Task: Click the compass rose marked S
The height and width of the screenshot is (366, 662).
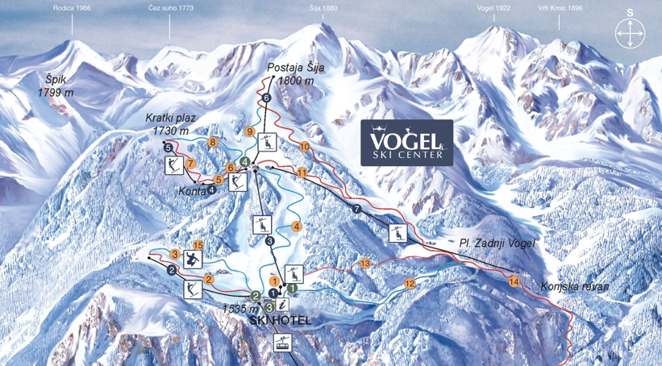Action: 630,33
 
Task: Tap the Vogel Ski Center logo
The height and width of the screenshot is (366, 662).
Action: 406,143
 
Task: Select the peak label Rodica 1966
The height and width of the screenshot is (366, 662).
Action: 72,8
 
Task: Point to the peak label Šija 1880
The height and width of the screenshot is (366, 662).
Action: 324,8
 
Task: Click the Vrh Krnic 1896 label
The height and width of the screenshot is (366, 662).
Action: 560,8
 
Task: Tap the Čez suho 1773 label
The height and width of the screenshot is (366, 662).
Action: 170,8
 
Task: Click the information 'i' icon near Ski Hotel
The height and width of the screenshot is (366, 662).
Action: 283,305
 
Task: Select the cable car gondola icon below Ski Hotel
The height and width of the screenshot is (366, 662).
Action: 281,342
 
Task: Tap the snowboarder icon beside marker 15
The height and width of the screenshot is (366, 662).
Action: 192,259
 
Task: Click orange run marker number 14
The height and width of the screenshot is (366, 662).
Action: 514,281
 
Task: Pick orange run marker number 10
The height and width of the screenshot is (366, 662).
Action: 304,147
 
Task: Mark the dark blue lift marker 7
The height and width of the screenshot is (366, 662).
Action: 356,210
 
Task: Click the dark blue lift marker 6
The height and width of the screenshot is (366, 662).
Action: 266,98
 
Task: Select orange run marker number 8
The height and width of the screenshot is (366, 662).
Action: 213,143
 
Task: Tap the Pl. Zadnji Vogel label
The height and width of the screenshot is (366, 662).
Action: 497,243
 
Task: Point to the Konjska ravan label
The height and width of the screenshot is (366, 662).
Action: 574,286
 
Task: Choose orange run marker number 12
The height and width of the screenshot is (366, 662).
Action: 410,283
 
